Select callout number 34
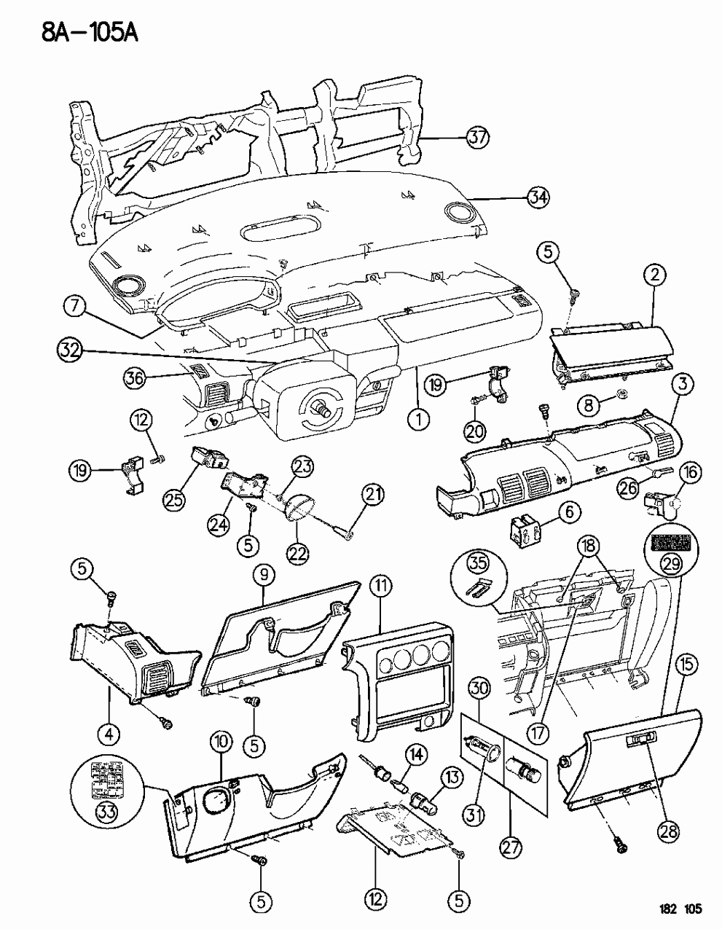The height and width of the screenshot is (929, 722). pyautogui.click(x=538, y=197)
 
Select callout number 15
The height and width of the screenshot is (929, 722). pyautogui.click(x=688, y=664)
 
